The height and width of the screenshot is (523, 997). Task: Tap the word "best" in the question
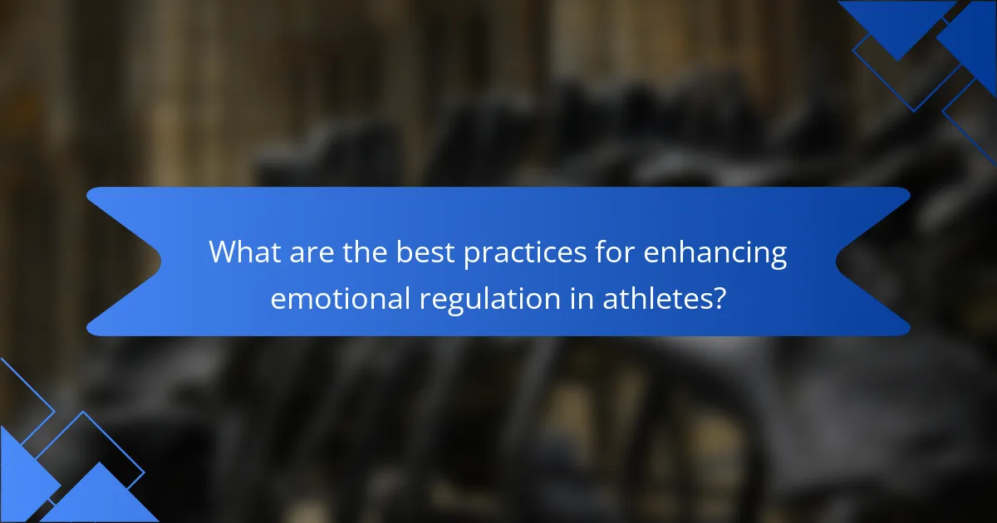426,252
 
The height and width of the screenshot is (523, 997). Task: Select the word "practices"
525,254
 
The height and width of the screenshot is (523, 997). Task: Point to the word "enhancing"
715,254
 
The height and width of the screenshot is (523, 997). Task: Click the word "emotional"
340,298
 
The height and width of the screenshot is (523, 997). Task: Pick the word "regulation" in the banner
489,300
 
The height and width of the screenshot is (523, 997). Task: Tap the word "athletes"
658,298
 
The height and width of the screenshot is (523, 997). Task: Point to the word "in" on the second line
582,298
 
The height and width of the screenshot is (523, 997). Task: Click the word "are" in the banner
312,256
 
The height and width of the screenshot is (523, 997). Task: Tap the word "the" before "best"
365,252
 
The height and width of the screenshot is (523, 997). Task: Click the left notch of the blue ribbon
160,261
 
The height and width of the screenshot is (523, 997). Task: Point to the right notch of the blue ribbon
837,261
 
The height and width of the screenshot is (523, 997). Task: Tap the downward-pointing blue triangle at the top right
896,22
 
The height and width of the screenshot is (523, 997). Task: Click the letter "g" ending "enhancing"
778,258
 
